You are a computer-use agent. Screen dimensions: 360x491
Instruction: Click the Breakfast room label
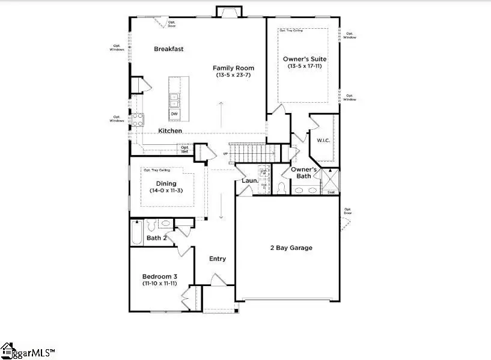[168, 49]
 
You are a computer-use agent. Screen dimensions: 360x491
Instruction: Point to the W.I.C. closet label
[323, 141]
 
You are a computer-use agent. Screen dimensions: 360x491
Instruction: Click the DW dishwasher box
[174, 114]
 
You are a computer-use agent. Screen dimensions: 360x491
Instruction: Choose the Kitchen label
[170, 130]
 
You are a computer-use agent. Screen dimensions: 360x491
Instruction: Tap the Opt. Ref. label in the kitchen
[185, 149]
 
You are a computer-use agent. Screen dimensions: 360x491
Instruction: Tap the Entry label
[218, 259]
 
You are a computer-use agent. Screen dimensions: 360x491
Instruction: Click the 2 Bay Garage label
[291, 248]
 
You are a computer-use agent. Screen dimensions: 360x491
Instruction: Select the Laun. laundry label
[249, 180]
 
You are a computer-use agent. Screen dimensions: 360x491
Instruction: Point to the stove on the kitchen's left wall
[137, 120]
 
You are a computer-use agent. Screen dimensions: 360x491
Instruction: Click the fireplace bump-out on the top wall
[228, 12]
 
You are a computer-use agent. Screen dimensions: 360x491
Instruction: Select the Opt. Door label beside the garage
[348, 212]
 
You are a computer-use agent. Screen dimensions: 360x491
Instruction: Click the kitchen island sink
[174, 98]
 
